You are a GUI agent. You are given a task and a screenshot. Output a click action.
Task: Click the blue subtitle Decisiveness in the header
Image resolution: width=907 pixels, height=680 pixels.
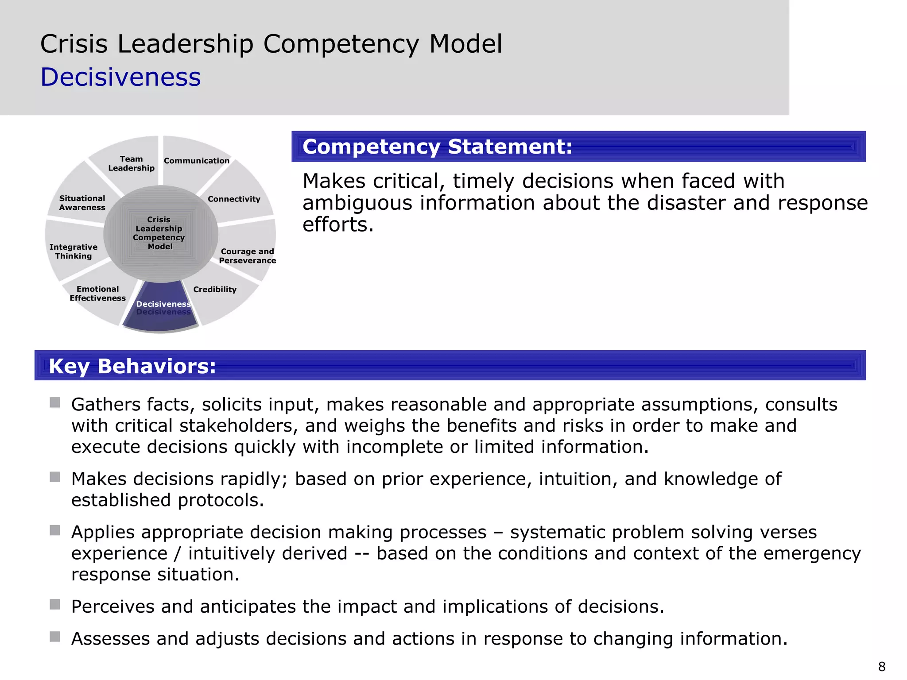click(x=120, y=77)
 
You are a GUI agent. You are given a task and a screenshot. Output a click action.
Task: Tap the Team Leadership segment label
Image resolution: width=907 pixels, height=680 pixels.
click(x=131, y=163)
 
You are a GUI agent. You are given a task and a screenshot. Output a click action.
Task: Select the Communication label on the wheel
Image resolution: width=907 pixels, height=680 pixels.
click(x=197, y=161)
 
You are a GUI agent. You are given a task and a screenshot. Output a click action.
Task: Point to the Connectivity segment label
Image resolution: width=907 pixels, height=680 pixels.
click(x=234, y=199)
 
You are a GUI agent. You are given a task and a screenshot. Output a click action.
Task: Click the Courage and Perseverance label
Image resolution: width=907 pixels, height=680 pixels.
click(x=247, y=256)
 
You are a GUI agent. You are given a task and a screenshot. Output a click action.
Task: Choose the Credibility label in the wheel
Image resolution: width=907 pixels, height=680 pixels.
click(x=215, y=290)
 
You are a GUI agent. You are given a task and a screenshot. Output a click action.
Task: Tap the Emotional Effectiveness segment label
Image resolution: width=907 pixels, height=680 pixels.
click(x=97, y=294)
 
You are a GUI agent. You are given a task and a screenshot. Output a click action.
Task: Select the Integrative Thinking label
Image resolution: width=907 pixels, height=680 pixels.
click(x=74, y=251)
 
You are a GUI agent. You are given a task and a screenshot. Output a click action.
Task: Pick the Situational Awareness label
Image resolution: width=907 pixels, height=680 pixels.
click(x=82, y=203)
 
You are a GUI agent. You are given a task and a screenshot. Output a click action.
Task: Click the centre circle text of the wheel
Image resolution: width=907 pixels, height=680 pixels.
click(x=159, y=233)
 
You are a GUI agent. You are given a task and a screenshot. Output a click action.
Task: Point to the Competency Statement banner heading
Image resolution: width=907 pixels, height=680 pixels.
click(x=437, y=147)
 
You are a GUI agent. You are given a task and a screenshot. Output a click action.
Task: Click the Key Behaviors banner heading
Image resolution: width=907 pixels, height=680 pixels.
click(x=132, y=366)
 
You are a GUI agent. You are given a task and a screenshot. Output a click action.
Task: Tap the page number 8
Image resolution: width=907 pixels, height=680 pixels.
click(x=882, y=666)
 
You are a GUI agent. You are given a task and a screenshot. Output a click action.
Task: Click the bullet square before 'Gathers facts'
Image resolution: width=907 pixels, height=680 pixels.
click(x=55, y=402)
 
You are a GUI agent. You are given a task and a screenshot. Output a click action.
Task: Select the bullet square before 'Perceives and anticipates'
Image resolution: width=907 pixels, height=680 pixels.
click(x=55, y=604)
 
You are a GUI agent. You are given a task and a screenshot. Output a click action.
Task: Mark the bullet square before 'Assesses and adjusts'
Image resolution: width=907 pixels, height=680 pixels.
click(x=55, y=637)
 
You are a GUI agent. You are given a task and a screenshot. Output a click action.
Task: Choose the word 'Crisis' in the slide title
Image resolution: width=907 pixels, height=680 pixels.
click(x=74, y=44)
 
